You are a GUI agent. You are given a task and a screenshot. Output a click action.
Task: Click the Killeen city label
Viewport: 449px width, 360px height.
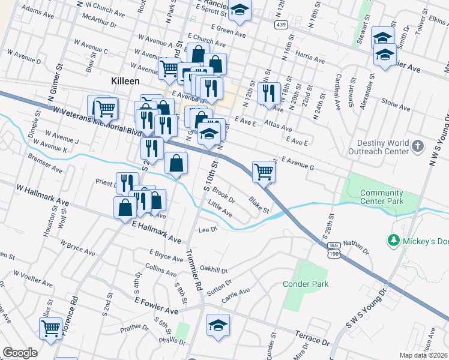pos(125,80)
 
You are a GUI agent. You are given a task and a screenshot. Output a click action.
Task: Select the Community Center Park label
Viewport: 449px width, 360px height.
pos(381,197)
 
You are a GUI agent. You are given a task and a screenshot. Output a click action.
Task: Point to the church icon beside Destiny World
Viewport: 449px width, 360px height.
pos(420,145)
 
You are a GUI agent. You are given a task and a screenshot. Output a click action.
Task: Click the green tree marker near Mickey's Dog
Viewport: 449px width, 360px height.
pos(394,241)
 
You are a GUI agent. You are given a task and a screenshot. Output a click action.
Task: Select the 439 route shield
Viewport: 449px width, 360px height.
pos(281,25)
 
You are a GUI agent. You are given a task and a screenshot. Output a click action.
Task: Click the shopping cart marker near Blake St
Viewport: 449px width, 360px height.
pos(264,171)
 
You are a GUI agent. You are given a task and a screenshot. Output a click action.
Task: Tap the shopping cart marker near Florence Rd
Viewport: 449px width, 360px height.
pos(50,328)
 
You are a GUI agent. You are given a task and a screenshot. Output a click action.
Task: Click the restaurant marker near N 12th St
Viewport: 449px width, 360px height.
pos(268,92)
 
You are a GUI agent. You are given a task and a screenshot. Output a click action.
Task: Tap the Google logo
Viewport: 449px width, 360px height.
pos(19,353)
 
